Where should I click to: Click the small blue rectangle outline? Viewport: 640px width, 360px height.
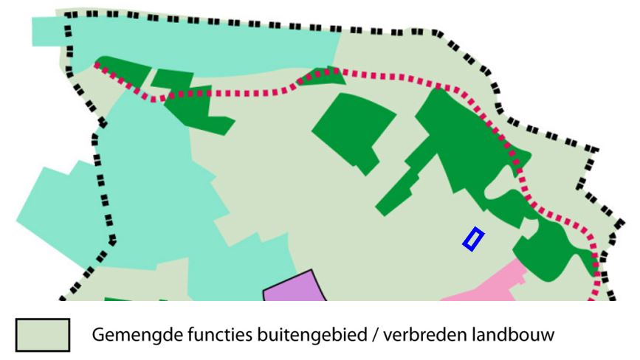point(473,239)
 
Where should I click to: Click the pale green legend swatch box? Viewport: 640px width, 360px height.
point(44,333)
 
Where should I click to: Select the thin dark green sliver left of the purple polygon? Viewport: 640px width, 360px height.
point(118,299)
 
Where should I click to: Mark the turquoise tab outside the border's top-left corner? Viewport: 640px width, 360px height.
point(47,30)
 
